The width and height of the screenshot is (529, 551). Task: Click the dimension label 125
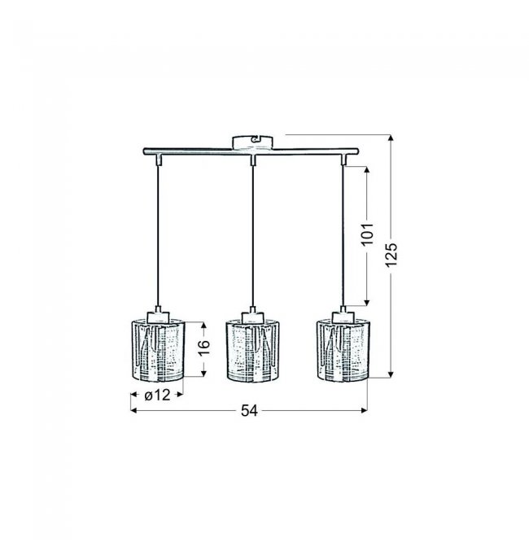(x=391, y=254)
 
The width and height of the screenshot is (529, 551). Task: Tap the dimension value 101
(x=367, y=234)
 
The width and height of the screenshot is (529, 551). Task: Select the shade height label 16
(x=203, y=348)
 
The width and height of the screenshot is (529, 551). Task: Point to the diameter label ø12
(x=157, y=396)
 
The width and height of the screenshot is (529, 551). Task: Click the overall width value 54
(x=249, y=410)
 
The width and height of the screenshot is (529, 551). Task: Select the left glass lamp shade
(x=158, y=350)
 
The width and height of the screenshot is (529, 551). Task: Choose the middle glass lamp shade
(x=252, y=351)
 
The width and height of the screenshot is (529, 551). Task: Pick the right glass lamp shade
(x=343, y=350)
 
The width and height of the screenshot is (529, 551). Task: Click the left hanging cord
(x=158, y=236)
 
